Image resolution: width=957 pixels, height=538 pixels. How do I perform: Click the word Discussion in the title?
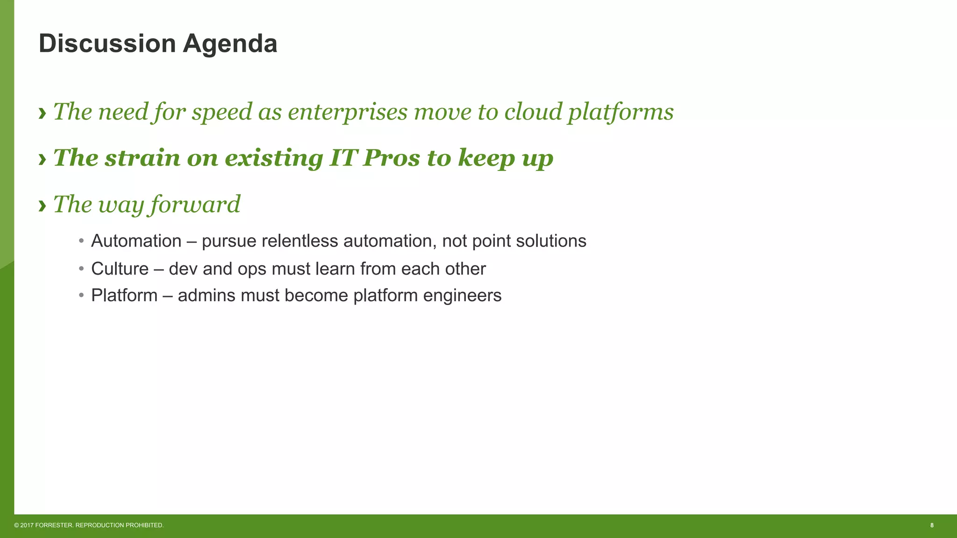point(107,44)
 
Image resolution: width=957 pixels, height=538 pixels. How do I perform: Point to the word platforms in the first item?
point(621,112)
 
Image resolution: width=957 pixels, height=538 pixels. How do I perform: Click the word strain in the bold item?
point(142,158)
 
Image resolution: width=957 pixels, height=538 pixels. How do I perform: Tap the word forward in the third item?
point(195,205)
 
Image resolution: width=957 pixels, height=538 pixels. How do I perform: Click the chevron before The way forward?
point(43,205)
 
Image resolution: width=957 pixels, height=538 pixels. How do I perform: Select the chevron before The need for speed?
point(43,113)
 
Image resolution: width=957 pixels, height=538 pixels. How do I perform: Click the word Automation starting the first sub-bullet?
point(136,241)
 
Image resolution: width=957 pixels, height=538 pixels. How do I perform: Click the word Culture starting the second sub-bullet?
point(120,269)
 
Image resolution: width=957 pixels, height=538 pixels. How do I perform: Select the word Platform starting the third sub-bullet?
point(124,296)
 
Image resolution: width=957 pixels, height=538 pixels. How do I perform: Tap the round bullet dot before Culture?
point(81,269)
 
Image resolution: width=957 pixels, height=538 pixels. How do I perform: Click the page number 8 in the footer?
point(932,525)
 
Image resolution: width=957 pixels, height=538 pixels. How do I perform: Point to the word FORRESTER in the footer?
point(54,525)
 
